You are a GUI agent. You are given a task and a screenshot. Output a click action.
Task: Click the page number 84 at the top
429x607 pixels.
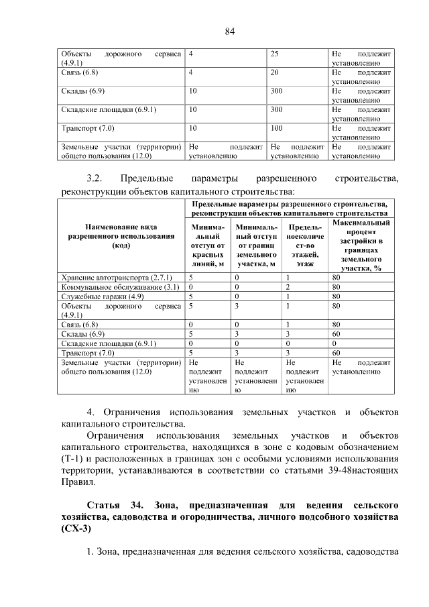(x=230, y=32)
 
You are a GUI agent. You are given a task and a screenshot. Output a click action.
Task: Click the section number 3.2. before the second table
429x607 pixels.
(x=94, y=178)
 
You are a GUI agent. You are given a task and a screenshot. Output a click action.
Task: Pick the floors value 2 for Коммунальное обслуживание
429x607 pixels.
(x=288, y=286)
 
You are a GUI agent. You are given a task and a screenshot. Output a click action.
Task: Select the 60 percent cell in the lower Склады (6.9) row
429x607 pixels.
(x=336, y=333)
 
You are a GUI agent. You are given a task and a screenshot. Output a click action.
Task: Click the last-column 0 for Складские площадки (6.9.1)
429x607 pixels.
(x=334, y=343)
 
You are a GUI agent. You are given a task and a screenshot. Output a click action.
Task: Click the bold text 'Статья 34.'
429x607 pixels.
(x=113, y=504)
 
